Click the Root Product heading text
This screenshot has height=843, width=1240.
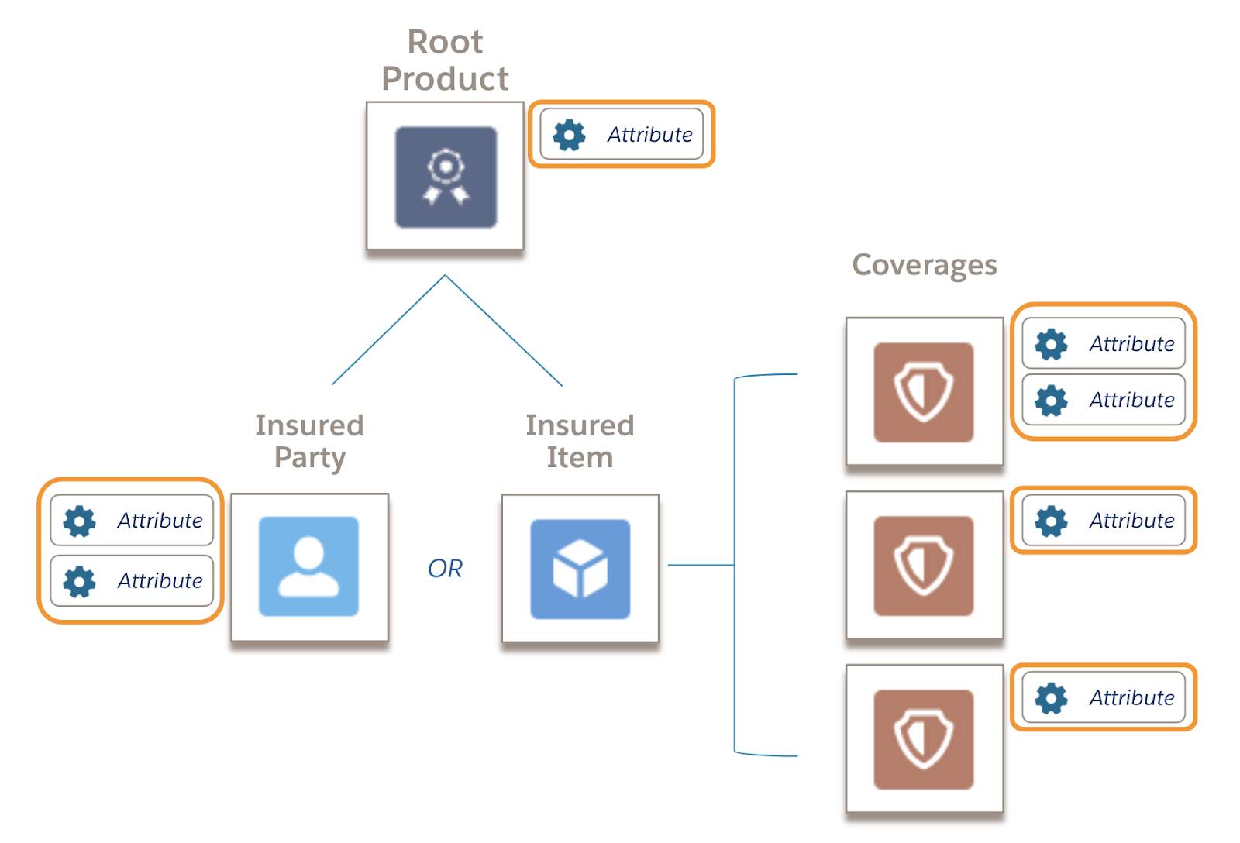coord(445,60)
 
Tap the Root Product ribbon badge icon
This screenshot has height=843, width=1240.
coord(446,177)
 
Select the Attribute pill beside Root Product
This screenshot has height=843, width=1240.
coord(622,134)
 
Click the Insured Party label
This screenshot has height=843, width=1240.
coord(309,441)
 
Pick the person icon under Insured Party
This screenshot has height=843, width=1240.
coord(308,566)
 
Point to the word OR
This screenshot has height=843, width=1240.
coord(445,569)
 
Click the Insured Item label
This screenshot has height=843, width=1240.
coord(580,441)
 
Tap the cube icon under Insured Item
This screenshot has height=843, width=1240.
coord(580,569)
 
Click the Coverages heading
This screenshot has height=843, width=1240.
coord(924,265)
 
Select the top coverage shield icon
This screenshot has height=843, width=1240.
coord(923,392)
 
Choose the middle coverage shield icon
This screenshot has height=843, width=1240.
coord(923,566)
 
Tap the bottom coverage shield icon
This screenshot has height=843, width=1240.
coord(923,739)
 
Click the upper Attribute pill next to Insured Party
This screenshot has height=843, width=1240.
coord(132,521)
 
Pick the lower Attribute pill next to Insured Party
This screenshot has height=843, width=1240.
coord(132,580)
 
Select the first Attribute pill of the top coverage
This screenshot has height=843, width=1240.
coord(1104,343)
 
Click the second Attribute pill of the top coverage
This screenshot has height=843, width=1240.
coord(1104,400)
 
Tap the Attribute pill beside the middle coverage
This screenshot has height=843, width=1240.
coord(1104,521)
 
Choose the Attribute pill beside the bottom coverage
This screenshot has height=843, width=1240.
coord(1104,697)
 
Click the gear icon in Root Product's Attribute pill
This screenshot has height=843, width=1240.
coord(569,135)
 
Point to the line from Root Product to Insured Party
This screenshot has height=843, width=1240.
coord(387,330)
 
